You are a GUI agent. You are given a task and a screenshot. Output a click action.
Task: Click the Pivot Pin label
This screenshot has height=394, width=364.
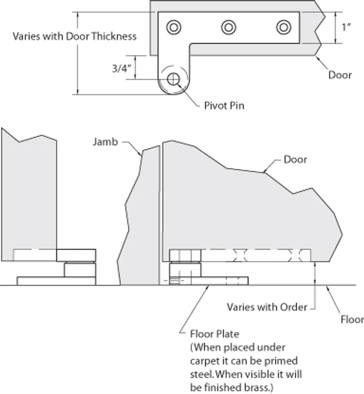[x=224, y=106]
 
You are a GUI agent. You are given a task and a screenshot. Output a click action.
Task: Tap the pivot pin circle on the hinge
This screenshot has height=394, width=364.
[x=173, y=79]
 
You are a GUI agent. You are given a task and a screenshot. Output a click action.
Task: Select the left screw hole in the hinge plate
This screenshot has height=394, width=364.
[x=173, y=27]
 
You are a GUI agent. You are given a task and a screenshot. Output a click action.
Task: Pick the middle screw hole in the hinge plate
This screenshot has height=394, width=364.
[x=228, y=27]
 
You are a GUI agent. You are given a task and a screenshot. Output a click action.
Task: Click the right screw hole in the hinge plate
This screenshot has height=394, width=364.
[x=283, y=27]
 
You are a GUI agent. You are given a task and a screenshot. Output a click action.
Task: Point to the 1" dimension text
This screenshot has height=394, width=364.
[x=347, y=27]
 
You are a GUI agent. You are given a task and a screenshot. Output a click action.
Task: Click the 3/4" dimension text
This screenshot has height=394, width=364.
[x=121, y=68]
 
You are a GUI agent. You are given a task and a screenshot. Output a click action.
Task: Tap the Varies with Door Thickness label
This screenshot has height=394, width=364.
[x=75, y=36]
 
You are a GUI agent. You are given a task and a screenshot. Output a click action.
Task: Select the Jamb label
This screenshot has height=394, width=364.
[x=105, y=142]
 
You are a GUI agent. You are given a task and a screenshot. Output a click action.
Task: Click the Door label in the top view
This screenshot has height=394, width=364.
[x=340, y=75]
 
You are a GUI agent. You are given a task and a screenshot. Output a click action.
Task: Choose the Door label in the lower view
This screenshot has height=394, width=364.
[x=295, y=159]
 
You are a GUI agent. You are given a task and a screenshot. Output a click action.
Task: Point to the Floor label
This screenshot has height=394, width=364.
[x=352, y=320]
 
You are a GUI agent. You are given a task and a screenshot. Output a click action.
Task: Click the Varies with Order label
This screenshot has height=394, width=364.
[x=267, y=307]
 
